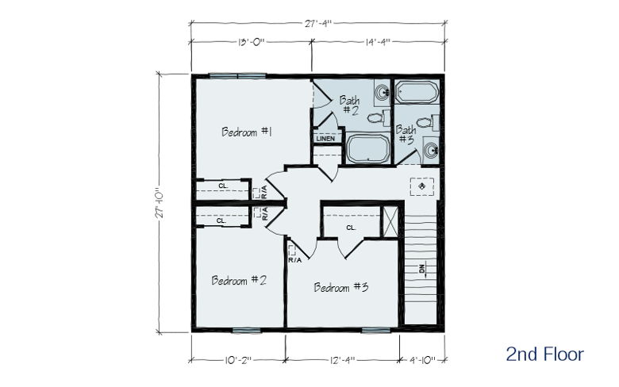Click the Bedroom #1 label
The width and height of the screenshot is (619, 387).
247,132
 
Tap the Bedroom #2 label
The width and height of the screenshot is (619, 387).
239,280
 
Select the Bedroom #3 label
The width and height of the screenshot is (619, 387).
341,287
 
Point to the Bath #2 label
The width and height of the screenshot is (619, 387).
350,105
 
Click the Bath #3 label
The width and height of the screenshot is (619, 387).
406,134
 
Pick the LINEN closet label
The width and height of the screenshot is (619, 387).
325,139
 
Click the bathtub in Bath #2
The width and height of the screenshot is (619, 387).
368,148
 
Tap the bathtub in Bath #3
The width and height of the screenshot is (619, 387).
417,92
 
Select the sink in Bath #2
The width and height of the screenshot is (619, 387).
382,93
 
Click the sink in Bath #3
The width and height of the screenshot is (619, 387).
431,151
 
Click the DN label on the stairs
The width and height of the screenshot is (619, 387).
421,269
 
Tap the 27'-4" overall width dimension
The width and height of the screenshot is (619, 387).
317,23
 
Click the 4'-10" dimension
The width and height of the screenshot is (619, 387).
422,360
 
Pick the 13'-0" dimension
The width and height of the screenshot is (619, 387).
251,41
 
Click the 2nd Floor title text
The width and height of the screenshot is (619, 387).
544,354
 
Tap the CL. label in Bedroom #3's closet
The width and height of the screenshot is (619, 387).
351,228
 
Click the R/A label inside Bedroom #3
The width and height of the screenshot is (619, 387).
295,260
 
